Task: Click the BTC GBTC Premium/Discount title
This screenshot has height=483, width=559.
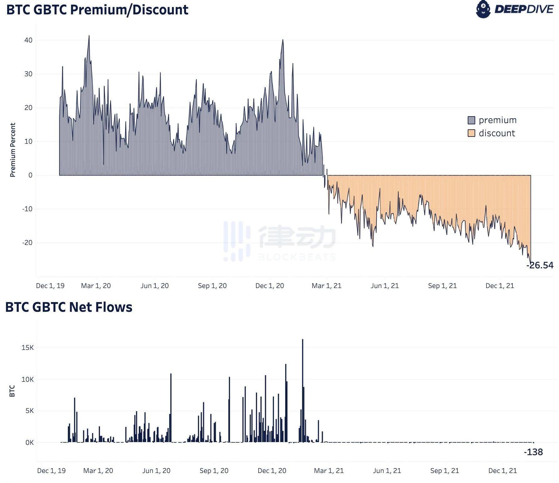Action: click(97, 10)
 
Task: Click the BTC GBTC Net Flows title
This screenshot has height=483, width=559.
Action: click(69, 307)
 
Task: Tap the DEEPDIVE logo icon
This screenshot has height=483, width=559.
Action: click(483, 9)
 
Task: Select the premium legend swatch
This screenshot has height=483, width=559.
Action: click(471, 120)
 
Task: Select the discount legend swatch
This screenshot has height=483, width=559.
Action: click(471, 133)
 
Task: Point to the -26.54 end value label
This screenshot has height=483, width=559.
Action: click(540, 265)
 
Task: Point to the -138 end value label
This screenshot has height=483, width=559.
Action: click(533, 452)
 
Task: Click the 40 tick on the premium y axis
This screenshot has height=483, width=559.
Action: click(28, 40)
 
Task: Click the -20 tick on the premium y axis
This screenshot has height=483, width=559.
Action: click(27, 243)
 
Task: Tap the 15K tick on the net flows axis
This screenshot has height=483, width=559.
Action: click(28, 347)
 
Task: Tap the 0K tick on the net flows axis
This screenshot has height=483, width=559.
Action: click(29, 442)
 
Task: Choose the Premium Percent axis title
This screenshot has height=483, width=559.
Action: click(13, 150)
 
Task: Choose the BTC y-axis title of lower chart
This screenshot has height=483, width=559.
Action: click(12, 391)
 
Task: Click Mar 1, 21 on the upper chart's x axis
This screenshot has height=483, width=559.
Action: click(326, 286)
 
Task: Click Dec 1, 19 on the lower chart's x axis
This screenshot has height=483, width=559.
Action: click(51, 471)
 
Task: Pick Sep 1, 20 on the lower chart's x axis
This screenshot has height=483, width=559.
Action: click(214, 471)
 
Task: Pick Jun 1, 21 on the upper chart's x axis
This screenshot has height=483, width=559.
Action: click(385, 286)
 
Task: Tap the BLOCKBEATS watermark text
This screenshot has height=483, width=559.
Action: click(296, 257)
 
